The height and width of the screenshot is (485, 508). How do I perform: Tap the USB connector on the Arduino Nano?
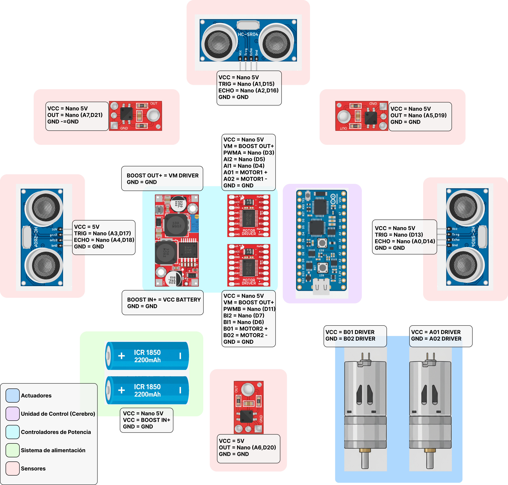[x=321, y=287]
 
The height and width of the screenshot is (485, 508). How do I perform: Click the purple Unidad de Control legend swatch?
[x=12, y=414]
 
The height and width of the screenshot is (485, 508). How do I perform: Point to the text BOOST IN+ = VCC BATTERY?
[x=164, y=300]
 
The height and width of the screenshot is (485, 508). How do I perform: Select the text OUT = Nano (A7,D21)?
[x=75, y=115]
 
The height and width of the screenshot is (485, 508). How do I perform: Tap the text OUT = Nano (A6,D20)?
[x=247, y=448]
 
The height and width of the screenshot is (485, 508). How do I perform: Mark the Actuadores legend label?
[x=36, y=396]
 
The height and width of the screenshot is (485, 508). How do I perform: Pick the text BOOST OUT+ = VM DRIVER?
[x=162, y=176]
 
